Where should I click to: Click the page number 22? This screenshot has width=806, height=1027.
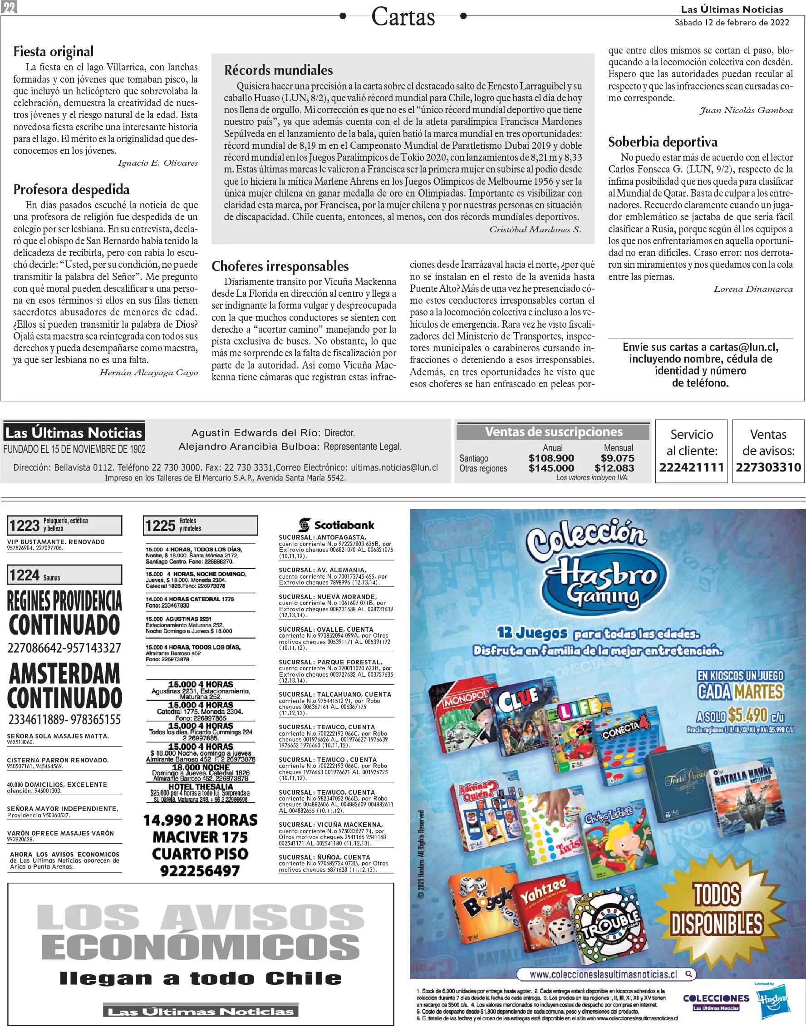10,7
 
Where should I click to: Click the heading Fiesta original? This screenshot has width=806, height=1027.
53,51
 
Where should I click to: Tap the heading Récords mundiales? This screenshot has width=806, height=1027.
278,70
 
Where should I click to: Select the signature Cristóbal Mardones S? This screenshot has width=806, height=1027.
535,230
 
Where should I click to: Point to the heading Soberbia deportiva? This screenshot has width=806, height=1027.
663,142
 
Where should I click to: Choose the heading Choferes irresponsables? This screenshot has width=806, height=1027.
280,266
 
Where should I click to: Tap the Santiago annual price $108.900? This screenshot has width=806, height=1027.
551,458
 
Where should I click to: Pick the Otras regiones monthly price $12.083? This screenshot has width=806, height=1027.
614,468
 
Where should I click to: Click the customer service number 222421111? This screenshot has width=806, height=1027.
691,468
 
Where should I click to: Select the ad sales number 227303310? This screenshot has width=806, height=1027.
768,468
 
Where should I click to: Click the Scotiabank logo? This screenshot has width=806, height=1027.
336,525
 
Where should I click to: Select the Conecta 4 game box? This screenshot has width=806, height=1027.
628,746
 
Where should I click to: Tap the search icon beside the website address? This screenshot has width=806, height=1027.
689,973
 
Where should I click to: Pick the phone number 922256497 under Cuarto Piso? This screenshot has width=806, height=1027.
200,871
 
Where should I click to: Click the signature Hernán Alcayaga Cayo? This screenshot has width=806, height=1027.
148,373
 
